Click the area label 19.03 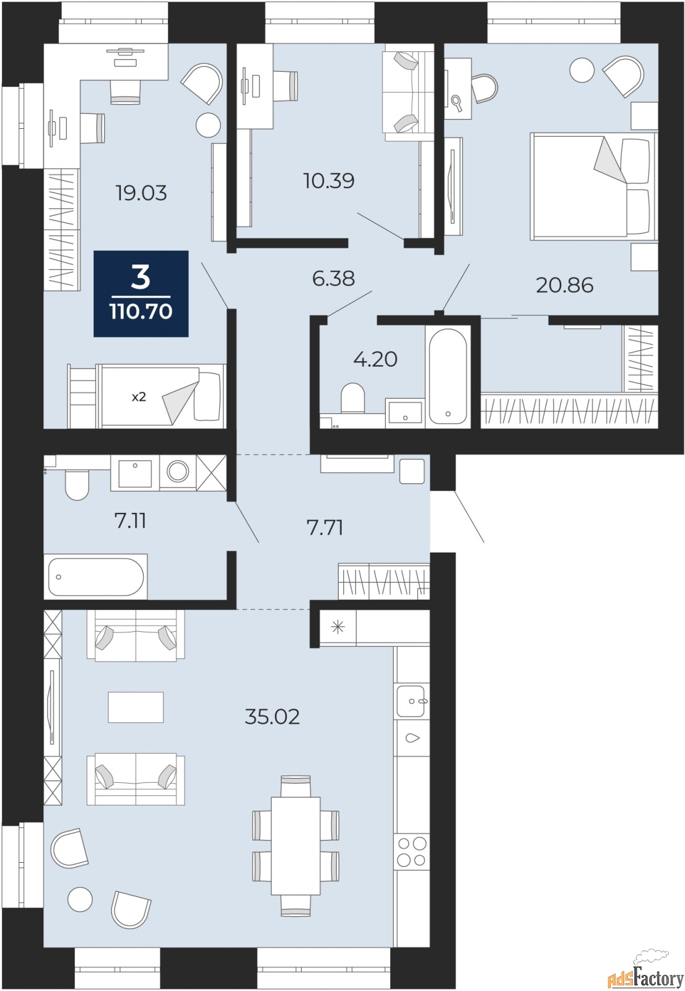click(141, 193)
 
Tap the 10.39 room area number click(329, 180)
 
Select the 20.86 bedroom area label click(564, 286)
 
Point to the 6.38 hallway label click(333, 279)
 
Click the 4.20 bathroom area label click(375, 359)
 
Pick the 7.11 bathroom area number click(130, 521)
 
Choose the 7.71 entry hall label click(325, 528)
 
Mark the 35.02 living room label click(272, 717)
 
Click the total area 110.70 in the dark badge click(141, 312)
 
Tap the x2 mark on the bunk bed click(139, 397)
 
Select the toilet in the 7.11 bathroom click(77, 484)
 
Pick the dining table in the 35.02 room click(295, 846)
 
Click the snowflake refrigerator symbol click(337, 627)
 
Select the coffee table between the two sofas click(136, 707)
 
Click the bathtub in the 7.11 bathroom click(95, 577)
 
